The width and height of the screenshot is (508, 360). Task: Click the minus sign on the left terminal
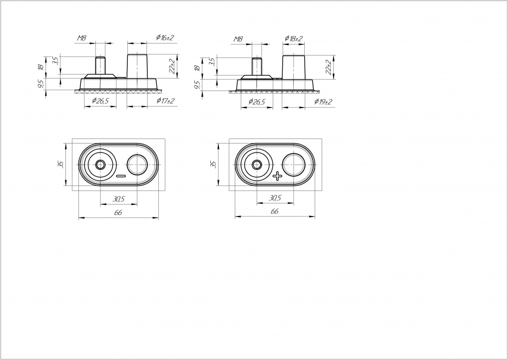[121, 176]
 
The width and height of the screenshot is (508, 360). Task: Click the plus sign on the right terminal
[277, 176]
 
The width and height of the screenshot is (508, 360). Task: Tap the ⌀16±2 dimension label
[165, 37]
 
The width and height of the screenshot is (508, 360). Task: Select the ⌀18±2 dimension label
[294, 38]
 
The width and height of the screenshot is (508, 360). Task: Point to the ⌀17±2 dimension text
[165, 101]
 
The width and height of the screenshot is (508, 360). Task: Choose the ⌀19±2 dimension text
[323, 102]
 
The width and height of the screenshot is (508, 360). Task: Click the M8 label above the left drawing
[81, 38]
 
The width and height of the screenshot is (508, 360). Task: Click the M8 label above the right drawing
[238, 39]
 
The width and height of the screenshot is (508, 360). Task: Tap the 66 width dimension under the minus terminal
[118, 212]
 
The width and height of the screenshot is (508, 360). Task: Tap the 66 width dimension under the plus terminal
[274, 211]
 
